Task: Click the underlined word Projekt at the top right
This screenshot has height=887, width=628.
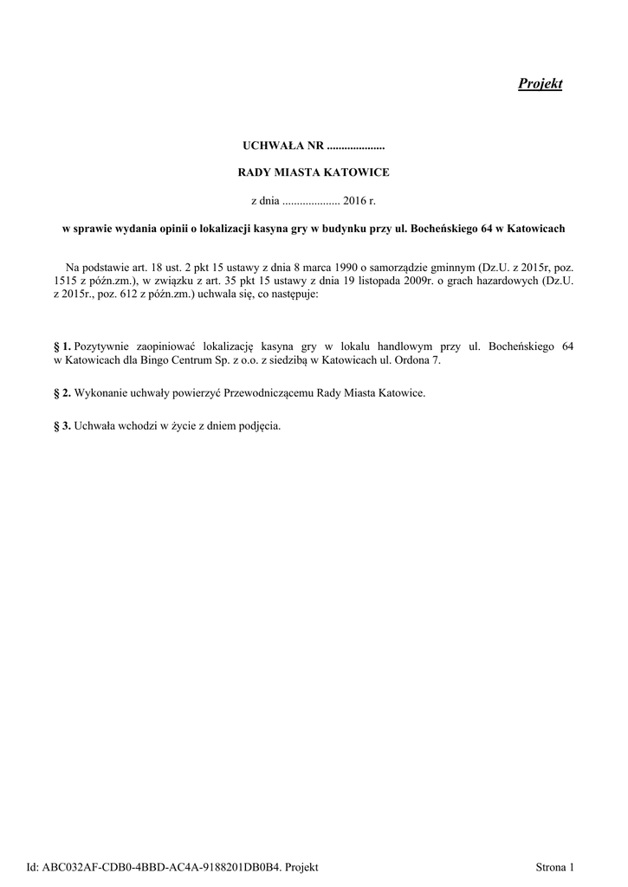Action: point(540,84)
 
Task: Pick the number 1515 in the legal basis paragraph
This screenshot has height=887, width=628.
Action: point(67,282)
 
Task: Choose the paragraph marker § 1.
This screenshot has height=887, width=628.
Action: point(62,346)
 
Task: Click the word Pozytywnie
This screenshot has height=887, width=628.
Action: point(102,346)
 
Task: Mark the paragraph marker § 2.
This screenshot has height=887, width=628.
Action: point(62,393)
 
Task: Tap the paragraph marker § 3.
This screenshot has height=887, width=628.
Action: point(62,426)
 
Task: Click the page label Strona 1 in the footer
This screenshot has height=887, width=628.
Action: point(555,866)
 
